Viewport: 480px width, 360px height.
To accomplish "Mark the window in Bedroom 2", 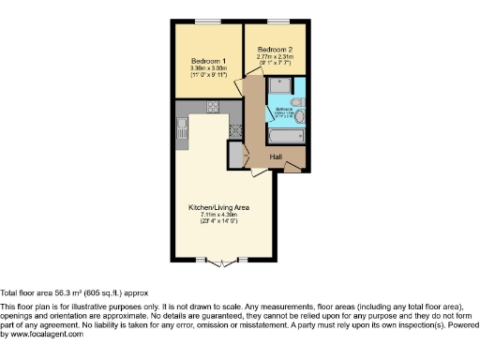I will coord(277,21).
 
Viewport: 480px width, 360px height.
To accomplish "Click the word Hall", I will coord(277,157).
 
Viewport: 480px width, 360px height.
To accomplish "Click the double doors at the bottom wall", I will coord(220,260).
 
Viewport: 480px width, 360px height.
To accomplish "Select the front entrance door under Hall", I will coord(293,168).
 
